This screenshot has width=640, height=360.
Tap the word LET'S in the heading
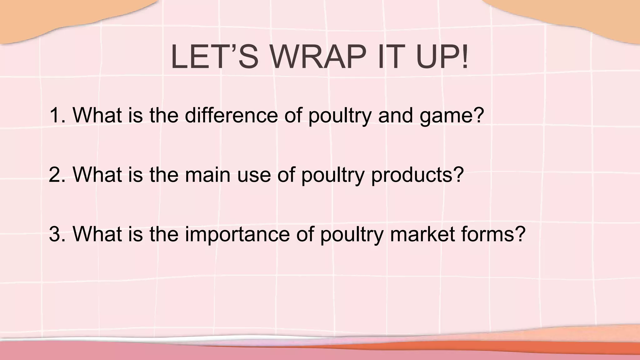(214, 57)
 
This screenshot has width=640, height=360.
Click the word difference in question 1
(231, 115)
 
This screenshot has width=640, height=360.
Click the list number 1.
(57, 115)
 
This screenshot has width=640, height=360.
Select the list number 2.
(57, 174)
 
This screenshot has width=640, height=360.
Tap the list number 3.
(57, 234)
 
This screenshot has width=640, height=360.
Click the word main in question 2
(208, 174)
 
